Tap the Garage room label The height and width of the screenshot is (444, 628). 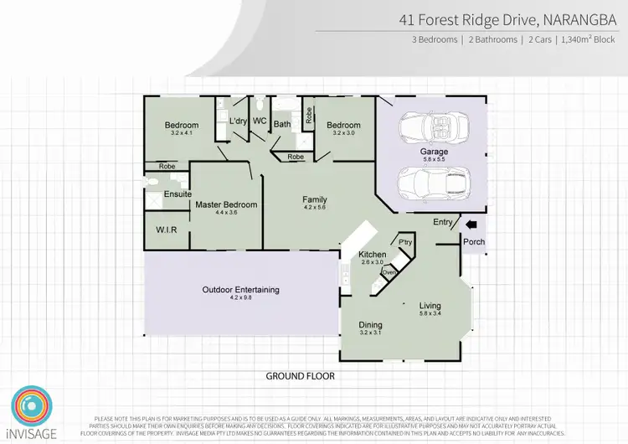pos(434,152)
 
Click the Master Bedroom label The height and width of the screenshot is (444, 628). pos(226,204)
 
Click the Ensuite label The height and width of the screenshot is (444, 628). pos(177,194)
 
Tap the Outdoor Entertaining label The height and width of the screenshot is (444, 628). pos(240,290)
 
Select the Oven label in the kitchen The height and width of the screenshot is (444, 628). pos(389,272)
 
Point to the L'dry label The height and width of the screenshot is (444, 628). pos(238,121)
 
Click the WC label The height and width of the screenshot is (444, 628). pos(260,121)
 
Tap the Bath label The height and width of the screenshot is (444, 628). pos(282,125)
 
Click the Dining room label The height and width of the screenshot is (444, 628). pos(370,325)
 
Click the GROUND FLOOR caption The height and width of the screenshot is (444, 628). pos(301,376)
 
